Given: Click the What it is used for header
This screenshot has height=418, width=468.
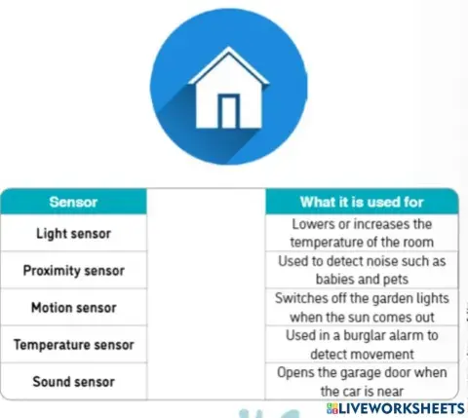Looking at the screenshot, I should tap(361, 203).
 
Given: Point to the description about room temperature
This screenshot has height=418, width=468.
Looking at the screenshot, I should tap(361, 234).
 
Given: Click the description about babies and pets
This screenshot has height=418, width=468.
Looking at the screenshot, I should tap(361, 270).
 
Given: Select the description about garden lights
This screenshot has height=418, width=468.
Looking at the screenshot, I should tap(361, 307).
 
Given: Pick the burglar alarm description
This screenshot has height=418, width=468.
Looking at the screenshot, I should tap(361, 344).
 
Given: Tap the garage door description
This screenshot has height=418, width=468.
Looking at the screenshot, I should tap(361, 381).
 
